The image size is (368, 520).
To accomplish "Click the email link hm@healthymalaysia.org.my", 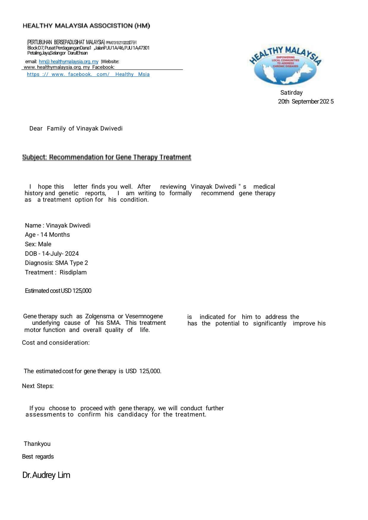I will (69, 62).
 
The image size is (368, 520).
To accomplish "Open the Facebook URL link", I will (88, 74).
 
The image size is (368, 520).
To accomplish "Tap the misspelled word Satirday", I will (291, 93).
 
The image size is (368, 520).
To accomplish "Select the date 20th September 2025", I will (306, 101).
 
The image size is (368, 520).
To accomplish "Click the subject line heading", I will (107, 157).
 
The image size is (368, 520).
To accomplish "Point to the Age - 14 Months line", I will (47, 235).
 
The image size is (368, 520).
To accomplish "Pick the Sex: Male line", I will (38, 244).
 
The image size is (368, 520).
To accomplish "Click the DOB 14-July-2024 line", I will (52, 254).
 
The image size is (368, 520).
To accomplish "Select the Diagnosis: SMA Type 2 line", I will (56, 263).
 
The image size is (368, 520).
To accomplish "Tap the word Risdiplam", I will (73, 272).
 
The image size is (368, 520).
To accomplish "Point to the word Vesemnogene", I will (144, 316).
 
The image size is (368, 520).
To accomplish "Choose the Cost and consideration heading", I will (56, 343).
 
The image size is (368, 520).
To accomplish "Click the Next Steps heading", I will (38, 386).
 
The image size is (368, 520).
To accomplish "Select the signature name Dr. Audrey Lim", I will (46, 475).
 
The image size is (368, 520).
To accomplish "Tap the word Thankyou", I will (37, 444).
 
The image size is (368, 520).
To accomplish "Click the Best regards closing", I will (38, 457).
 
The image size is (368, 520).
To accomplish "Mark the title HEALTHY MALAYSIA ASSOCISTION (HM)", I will (86, 26).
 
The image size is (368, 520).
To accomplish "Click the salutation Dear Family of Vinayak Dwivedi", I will (76, 128).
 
